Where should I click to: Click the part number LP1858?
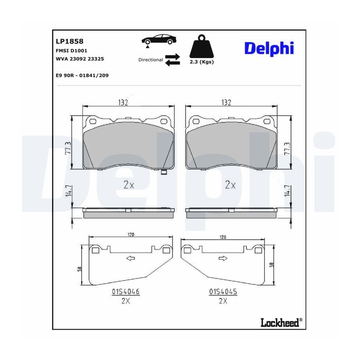(x=70, y=41)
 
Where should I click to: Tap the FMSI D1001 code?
(x=72, y=50)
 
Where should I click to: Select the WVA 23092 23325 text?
(x=80, y=59)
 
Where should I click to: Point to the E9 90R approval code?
(x=82, y=75)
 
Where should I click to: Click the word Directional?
(x=150, y=60)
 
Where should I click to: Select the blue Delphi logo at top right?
(x=269, y=48)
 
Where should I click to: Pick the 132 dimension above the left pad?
(x=123, y=102)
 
